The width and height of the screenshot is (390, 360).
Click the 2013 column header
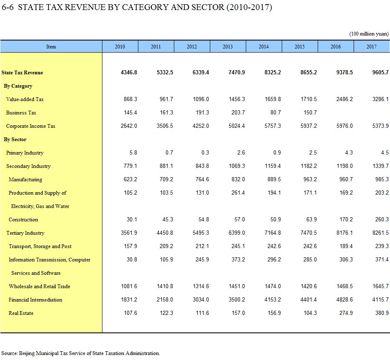(227, 46)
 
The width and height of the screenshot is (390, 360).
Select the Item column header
(51, 46)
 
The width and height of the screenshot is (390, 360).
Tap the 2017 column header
(371, 46)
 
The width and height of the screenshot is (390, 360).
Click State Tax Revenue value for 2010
(129, 72)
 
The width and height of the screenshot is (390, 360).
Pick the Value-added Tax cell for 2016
(344, 99)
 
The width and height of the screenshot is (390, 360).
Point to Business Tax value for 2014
(275, 112)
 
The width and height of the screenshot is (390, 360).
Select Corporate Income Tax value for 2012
(201, 126)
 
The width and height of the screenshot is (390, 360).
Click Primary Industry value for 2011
(169, 152)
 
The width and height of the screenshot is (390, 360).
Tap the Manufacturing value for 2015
(310, 180)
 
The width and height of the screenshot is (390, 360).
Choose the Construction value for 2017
(382, 219)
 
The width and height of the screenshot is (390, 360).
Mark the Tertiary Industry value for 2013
(237, 233)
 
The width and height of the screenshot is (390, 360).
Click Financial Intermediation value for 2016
(344, 299)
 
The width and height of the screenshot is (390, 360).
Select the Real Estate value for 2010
(130, 313)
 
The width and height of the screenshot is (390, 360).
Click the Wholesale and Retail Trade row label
(39, 286)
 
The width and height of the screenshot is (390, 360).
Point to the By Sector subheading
(15, 139)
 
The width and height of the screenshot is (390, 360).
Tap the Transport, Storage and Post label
(40, 246)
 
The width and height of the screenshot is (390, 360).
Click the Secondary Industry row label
(28, 166)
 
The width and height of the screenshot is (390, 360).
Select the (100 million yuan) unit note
(369, 34)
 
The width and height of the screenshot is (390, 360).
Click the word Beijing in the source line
(27, 353)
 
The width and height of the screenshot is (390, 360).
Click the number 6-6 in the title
(8, 7)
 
